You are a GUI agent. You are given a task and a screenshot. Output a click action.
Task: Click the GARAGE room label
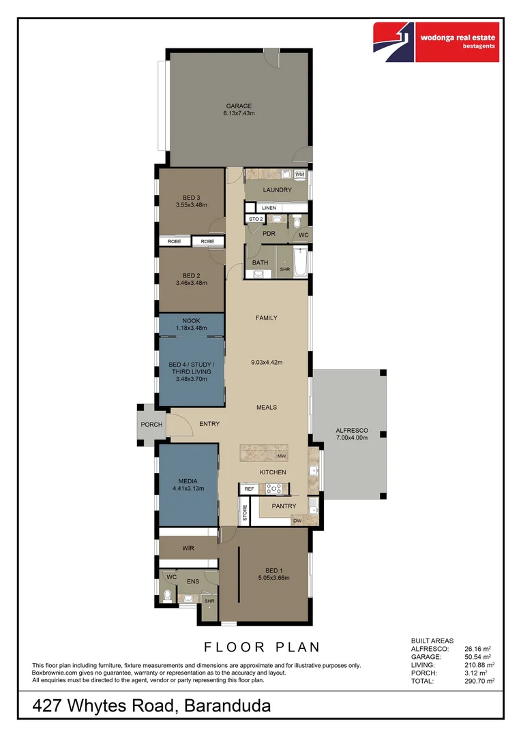239,106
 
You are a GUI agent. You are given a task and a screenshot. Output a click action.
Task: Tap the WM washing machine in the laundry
299,174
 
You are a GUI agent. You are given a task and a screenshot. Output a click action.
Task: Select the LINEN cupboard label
269,207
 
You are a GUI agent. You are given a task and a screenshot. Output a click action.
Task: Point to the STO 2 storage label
256,219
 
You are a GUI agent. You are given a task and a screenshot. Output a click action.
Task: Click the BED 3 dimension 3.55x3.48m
191,204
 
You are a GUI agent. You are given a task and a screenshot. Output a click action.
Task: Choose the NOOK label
191,321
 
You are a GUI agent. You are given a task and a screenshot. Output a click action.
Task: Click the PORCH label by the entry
151,425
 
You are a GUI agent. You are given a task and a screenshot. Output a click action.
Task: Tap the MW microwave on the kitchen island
282,455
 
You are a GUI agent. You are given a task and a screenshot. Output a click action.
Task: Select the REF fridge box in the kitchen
249,489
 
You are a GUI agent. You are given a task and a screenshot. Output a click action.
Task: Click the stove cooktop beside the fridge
274,488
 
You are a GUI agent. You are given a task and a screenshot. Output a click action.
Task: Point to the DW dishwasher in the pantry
297,521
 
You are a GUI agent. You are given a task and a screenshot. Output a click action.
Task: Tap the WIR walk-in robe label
189,548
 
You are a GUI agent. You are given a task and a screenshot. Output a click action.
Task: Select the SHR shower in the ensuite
209,602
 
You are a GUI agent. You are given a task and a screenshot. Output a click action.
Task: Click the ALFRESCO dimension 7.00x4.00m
351,438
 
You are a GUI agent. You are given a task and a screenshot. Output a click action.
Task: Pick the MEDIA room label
188,481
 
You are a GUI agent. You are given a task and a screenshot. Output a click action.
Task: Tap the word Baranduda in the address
227,707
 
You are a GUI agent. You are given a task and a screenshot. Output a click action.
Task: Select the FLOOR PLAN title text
263,647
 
